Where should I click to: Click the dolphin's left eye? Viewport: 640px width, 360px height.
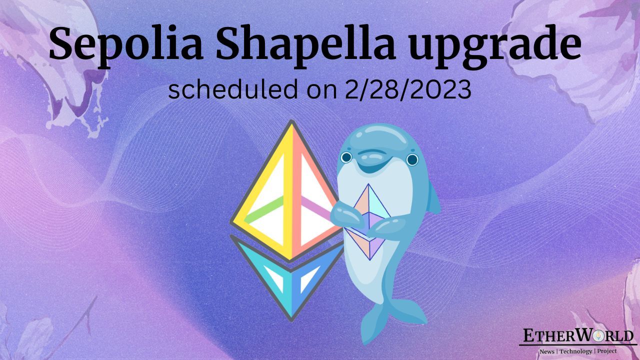tap(346, 157)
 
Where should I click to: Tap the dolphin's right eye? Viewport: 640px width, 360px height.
tap(412, 160)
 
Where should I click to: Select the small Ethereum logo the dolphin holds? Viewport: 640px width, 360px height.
tap(370, 220)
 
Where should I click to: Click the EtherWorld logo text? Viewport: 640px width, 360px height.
tap(578, 335)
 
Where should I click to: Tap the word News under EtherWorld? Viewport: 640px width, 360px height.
tap(546, 351)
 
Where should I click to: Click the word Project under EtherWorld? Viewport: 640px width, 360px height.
tap(606, 351)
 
